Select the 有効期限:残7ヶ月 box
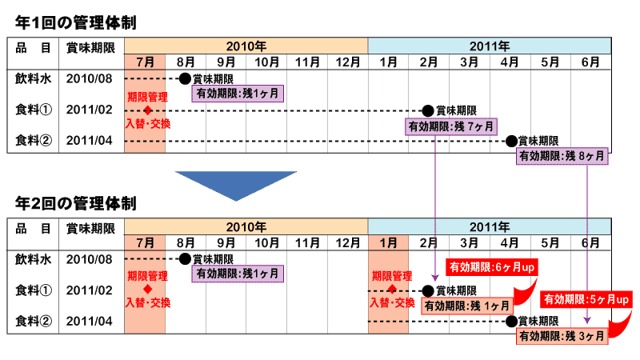(x=451, y=126)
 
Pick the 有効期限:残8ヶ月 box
(x=562, y=156)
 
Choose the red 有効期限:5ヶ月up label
(x=585, y=299)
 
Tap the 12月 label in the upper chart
(x=347, y=62)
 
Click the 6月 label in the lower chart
(x=590, y=242)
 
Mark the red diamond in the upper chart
(x=147, y=110)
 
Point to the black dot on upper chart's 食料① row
(x=427, y=110)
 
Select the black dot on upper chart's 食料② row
(x=510, y=140)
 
